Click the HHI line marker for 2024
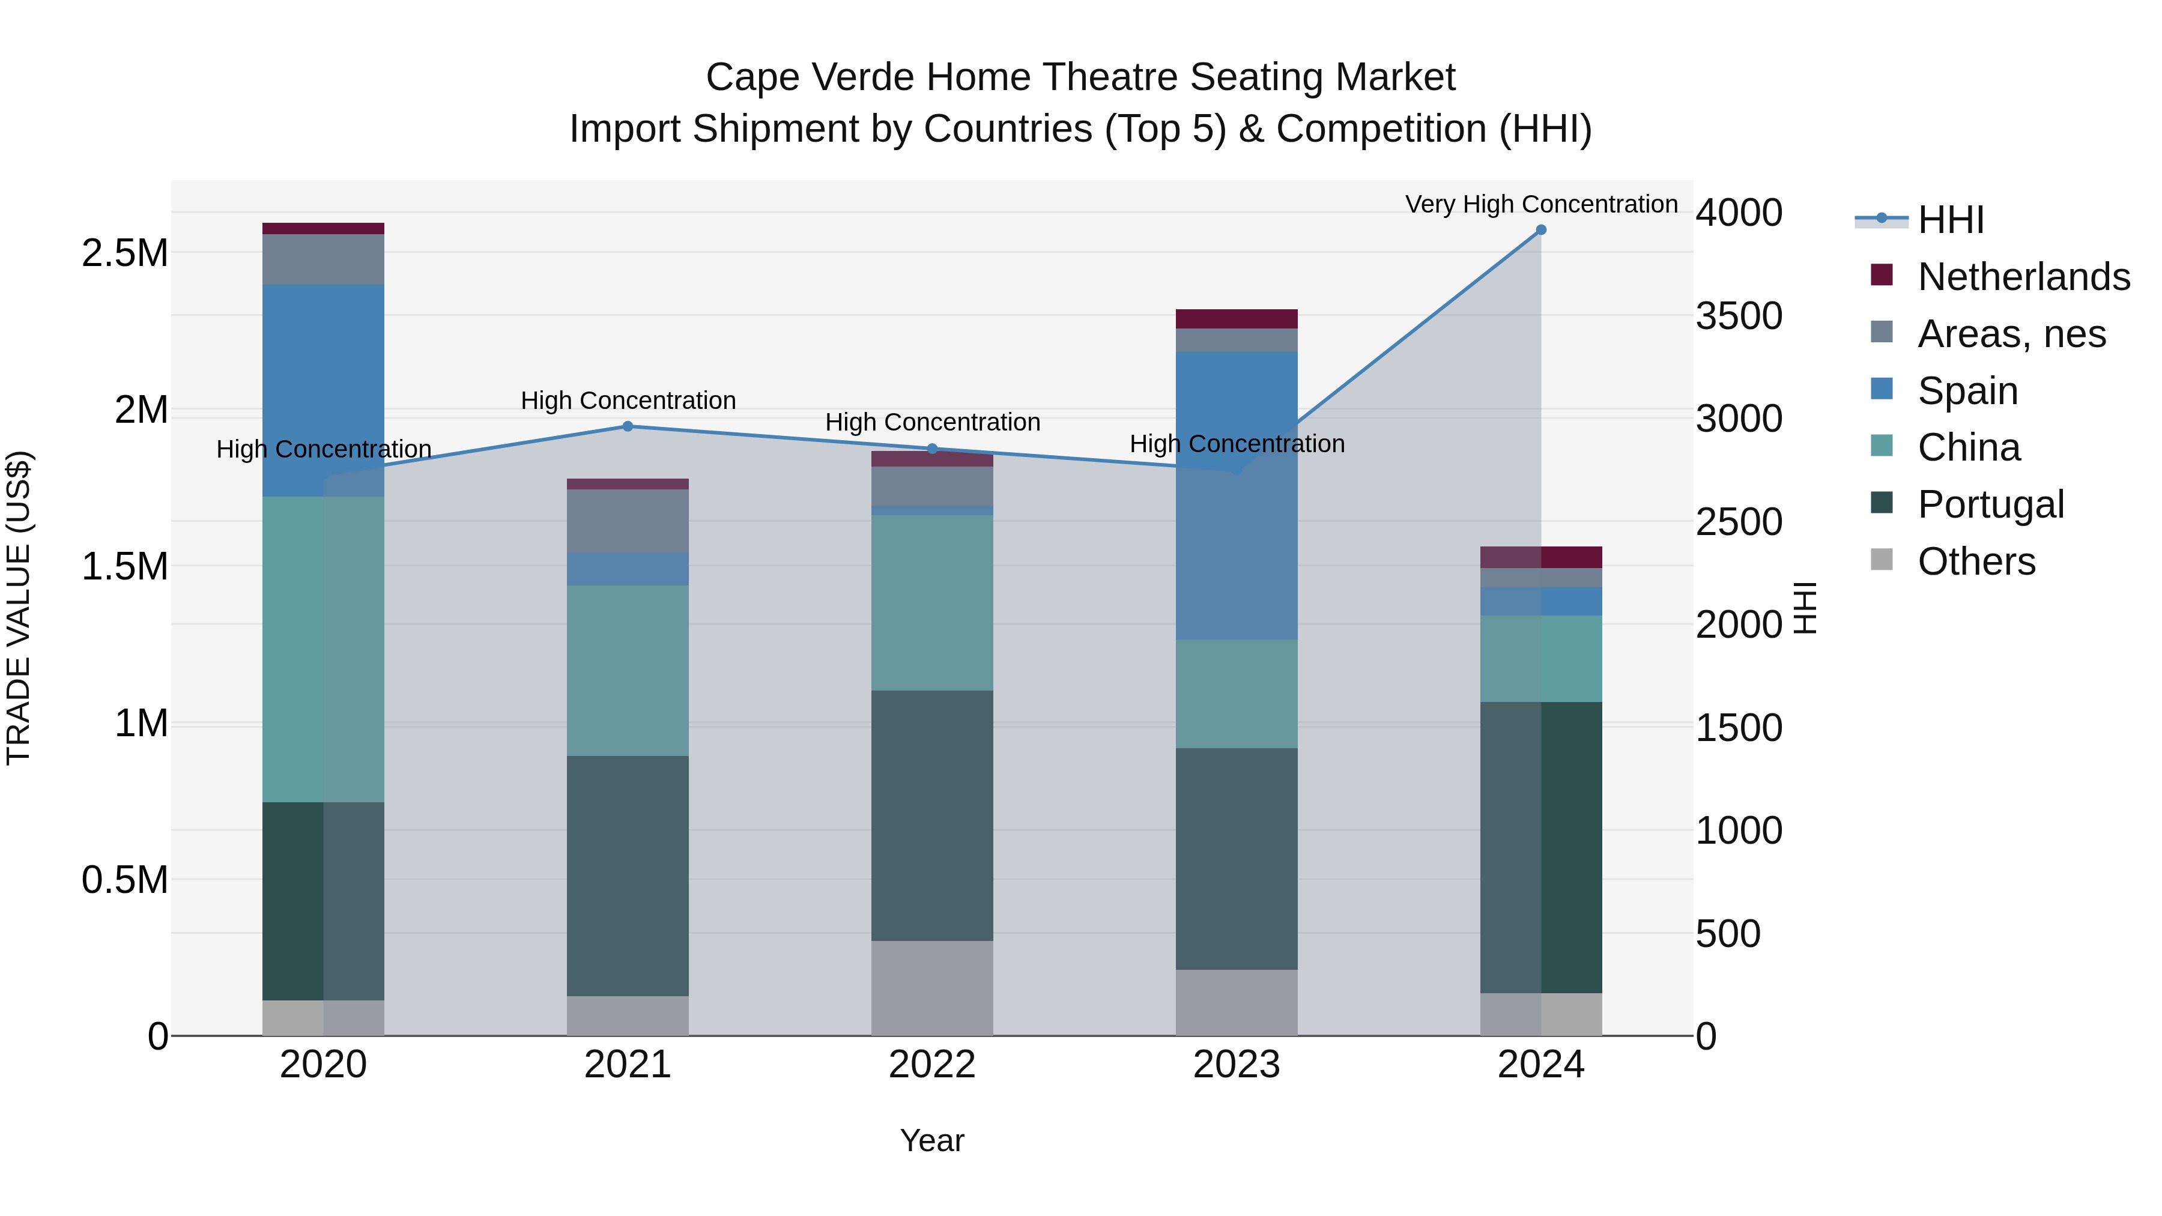point(1541,230)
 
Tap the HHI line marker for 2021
point(628,426)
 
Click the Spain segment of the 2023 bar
point(1237,495)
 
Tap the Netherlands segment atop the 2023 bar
point(1237,319)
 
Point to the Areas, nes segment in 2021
point(628,520)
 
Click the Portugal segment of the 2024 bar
point(1541,847)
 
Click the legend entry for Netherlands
point(2023,277)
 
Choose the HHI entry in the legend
point(1951,220)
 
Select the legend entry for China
point(1968,447)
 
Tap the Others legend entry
point(1976,561)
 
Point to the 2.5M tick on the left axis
point(124,253)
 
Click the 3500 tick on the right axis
point(1738,316)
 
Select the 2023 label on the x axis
point(1237,1065)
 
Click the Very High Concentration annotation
point(1541,204)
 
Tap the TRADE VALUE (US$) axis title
point(19,608)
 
